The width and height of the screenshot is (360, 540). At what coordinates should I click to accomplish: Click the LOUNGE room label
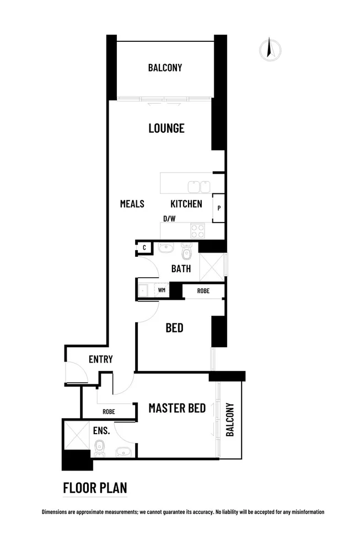pyautogui.click(x=166, y=128)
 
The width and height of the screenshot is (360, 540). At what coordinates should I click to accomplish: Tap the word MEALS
pyautogui.click(x=132, y=204)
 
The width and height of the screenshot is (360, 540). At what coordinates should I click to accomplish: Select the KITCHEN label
pyautogui.click(x=186, y=204)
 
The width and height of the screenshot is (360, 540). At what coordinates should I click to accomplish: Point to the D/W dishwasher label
pyautogui.click(x=169, y=219)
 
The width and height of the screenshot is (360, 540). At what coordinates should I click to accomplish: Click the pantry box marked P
pyautogui.click(x=219, y=208)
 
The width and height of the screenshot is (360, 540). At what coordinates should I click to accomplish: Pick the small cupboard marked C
pyautogui.click(x=144, y=248)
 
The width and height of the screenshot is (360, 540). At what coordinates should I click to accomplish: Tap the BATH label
pyautogui.click(x=181, y=269)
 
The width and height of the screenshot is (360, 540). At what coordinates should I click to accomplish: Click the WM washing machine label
pyautogui.click(x=162, y=289)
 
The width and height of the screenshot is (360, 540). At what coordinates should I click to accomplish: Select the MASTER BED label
pyautogui.click(x=177, y=408)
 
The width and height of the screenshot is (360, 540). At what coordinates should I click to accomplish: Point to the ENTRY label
pyautogui.click(x=100, y=359)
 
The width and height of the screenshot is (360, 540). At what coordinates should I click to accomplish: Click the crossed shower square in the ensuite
pyautogui.click(x=76, y=434)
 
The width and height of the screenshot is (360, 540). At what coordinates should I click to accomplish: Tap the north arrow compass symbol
pyautogui.click(x=270, y=50)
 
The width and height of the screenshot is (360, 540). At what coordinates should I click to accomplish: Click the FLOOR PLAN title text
pyautogui.click(x=95, y=488)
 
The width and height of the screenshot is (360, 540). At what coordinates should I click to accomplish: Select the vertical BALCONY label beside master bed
pyautogui.click(x=230, y=420)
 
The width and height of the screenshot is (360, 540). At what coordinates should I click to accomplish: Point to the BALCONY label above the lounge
pyautogui.click(x=165, y=68)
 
